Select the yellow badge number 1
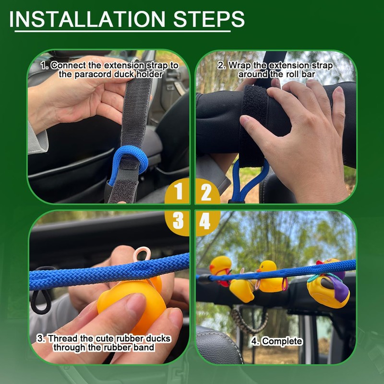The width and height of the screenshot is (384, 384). [x=179, y=193]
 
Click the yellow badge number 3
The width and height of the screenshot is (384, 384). [x=179, y=221]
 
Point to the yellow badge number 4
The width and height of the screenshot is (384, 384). [x=205, y=221]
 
